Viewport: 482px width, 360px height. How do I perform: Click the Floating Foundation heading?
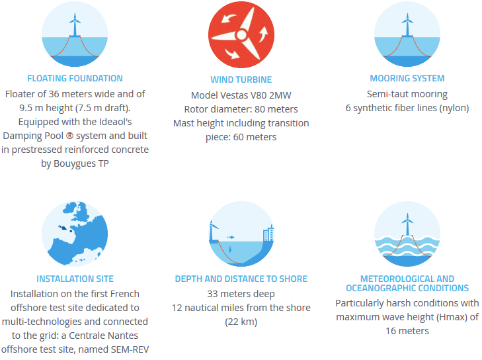(x=75, y=79)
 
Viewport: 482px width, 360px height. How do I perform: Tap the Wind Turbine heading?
(x=241, y=79)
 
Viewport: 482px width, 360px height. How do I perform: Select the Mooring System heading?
(x=407, y=79)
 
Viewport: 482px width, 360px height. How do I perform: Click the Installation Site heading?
(x=75, y=279)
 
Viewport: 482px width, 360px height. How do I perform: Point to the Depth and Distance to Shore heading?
(x=241, y=279)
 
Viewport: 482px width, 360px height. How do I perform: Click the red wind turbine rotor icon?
(x=241, y=35)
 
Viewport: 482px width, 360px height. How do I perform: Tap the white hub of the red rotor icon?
(x=241, y=35)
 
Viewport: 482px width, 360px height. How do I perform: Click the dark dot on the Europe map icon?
(x=71, y=231)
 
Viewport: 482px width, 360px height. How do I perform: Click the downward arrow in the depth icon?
(x=230, y=249)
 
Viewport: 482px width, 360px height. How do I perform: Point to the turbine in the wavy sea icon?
(x=407, y=225)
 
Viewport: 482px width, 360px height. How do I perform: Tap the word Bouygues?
(x=75, y=163)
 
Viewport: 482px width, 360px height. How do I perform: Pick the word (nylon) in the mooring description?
(x=454, y=108)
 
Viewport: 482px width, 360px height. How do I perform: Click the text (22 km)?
(x=241, y=322)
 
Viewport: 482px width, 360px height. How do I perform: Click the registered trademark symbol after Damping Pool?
(x=70, y=136)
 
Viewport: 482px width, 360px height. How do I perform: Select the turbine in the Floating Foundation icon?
(x=75, y=24)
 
